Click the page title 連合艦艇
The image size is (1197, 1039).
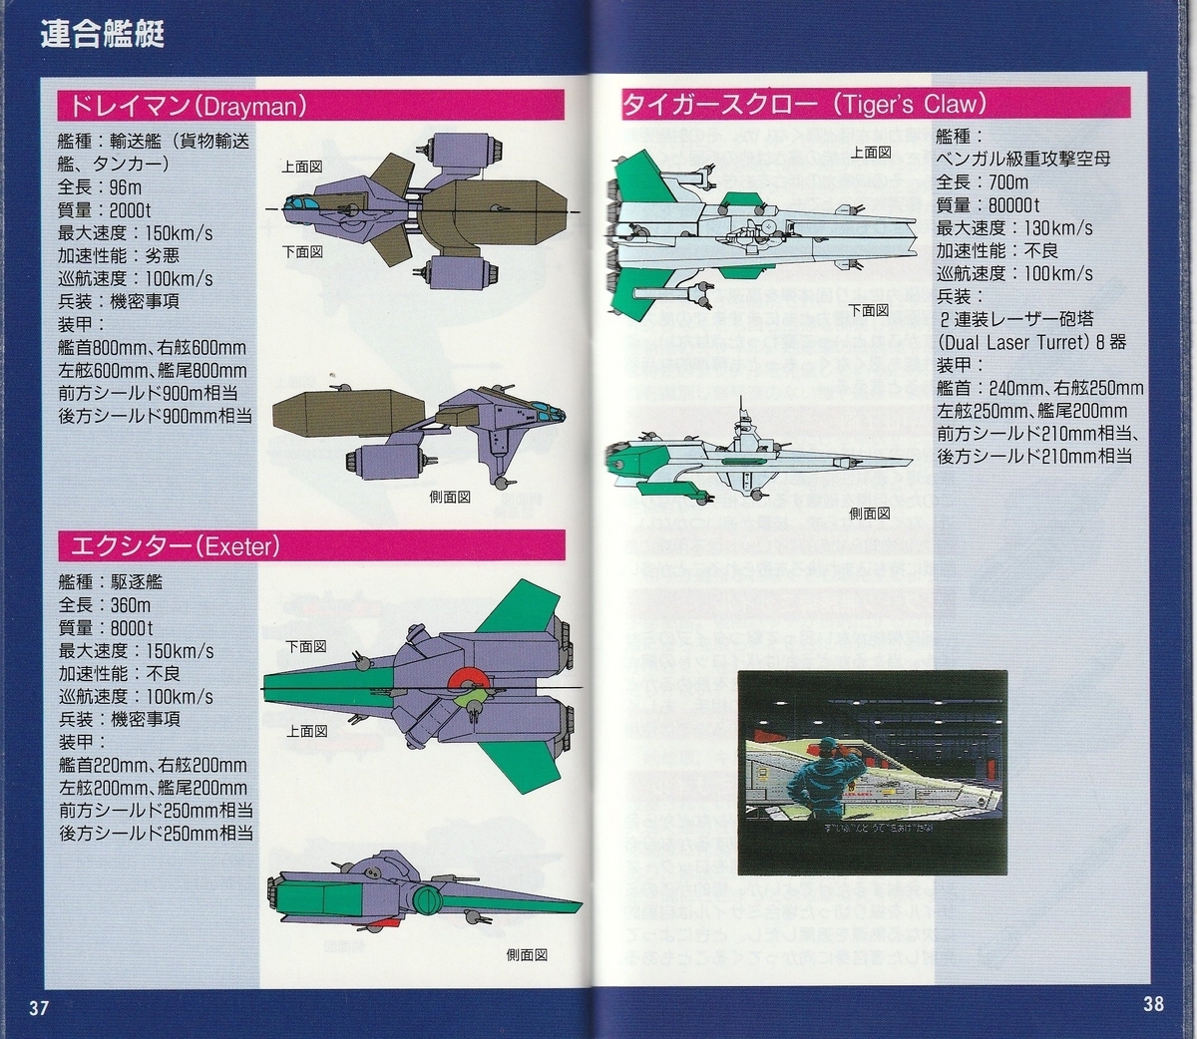coord(103,35)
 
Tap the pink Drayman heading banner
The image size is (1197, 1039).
coord(309,106)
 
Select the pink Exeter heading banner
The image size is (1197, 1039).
coord(309,545)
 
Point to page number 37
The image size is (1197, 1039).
coord(39,1007)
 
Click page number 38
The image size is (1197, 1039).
coord(1153,1003)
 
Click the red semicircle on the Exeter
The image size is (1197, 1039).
coord(469,680)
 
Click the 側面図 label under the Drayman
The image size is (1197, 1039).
coord(450,496)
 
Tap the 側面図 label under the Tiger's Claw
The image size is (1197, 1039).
coord(870,513)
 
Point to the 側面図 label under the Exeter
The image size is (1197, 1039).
coord(527,954)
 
